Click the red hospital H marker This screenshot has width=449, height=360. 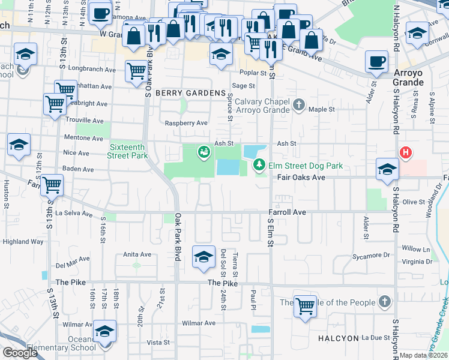coord(406,153)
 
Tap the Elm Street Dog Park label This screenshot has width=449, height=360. coord(304,165)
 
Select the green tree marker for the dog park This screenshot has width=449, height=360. coord(259,164)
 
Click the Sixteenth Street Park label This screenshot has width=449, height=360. coord(127,151)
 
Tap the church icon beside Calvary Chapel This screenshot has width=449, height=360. coord(299,106)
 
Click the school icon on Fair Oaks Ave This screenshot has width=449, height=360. coord(387,169)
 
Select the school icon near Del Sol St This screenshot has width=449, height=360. coord(203,256)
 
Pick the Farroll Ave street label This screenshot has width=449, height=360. coord(287,212)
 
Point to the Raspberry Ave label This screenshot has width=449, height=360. coord(186,123)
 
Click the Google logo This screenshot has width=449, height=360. coord(20,353)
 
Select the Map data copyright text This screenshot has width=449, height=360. coord(423,355)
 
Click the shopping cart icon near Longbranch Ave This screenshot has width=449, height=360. coord(136,71)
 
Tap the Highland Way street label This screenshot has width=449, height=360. coord(23,242)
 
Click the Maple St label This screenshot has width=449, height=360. coord(321,110)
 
